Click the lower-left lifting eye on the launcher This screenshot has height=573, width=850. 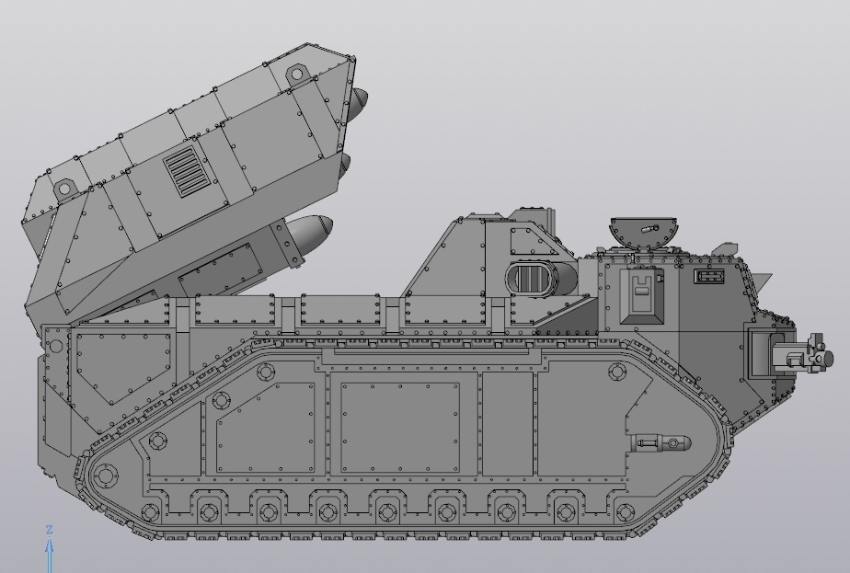coord(64,189)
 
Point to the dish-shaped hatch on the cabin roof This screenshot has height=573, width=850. coord(644,230)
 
